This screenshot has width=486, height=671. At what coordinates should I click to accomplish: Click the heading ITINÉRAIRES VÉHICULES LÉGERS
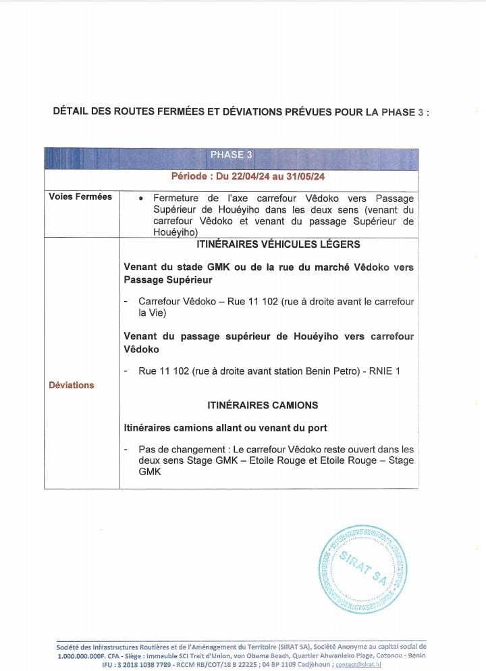pos(269,244)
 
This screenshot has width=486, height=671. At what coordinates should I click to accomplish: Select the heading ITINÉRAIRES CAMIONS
pos(263,405)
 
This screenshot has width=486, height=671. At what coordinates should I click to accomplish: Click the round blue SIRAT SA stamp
pos(364,569)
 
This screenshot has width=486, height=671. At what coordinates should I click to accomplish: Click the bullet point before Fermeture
pos(140,199)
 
